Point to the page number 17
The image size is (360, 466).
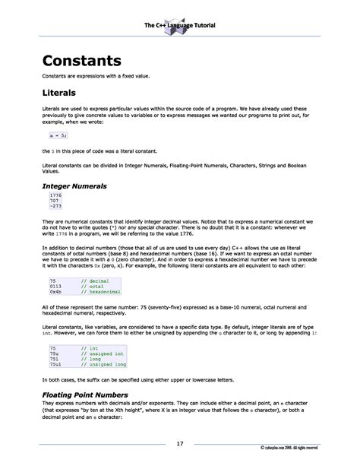coord(180,443)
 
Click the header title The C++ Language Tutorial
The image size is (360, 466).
coord(180,26)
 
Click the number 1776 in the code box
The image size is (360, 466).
coord(55,195)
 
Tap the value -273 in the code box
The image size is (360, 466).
coord(55,206)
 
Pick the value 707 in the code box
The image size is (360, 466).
coord(55,201)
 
